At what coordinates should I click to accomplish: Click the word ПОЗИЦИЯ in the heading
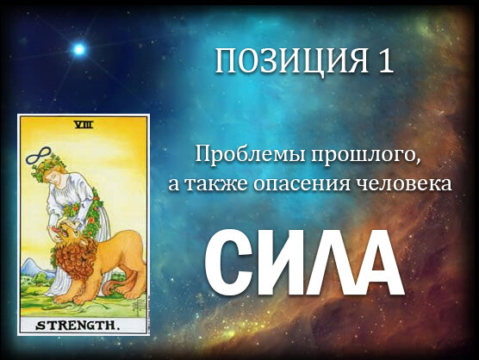pos(292,62)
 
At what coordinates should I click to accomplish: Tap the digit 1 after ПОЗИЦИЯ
pos(385,61)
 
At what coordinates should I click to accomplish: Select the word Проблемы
pos(251,154)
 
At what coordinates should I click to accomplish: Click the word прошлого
pos(365,155)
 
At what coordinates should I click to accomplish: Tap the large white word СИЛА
pos(304,263)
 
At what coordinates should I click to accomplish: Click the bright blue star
pos(78,49)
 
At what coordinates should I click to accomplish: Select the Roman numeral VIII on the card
pos(84,125)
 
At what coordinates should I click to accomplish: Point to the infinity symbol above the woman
pos(39,155)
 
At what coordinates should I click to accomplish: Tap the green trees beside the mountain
pos(39,278)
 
